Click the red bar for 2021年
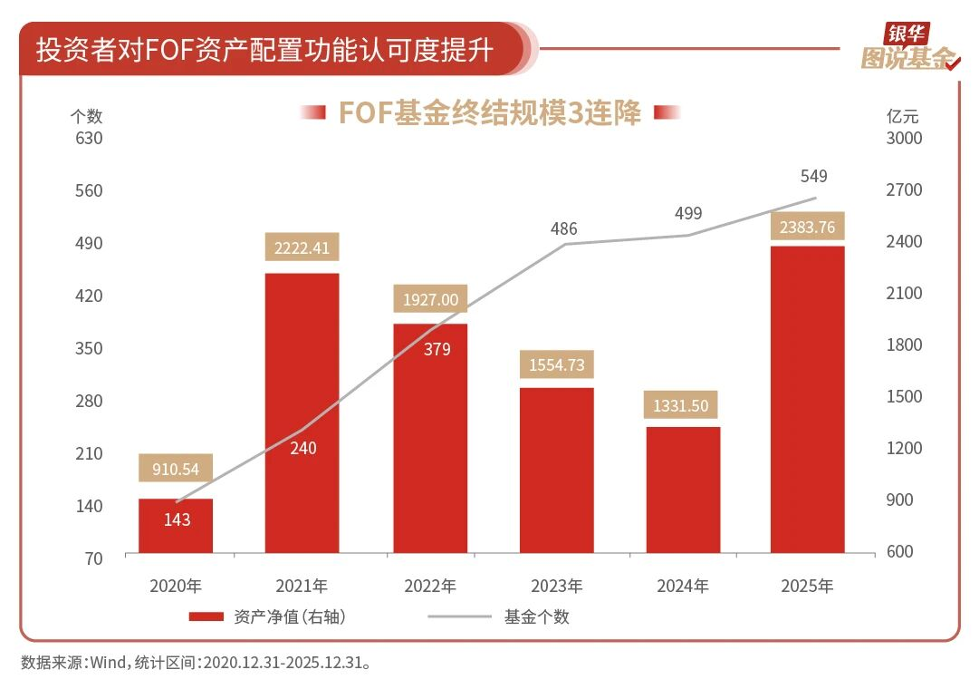[302, 412]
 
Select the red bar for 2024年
[683, 490]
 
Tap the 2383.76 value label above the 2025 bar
[807, 228]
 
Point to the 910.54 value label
[176, 470]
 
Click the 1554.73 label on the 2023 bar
[556, 365]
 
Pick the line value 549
[813, 176]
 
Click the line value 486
[562, 228]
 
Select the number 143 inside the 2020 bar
[177, 519]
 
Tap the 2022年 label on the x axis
[429, 586]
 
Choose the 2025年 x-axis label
[807, 586]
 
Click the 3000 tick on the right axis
[904, 139]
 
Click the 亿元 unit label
[902, 116]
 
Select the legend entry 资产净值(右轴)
[268, 617]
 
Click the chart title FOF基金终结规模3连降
[490, 112]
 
